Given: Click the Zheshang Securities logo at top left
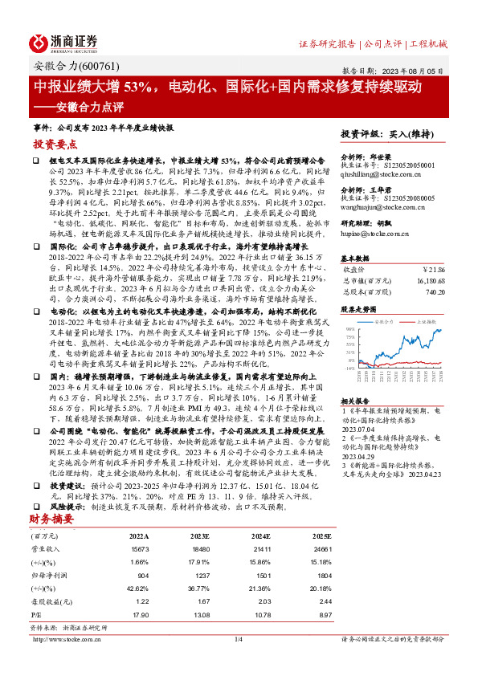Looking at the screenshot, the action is click(x=64, y=43).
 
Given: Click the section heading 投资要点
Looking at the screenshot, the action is click(x=55, y=145).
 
